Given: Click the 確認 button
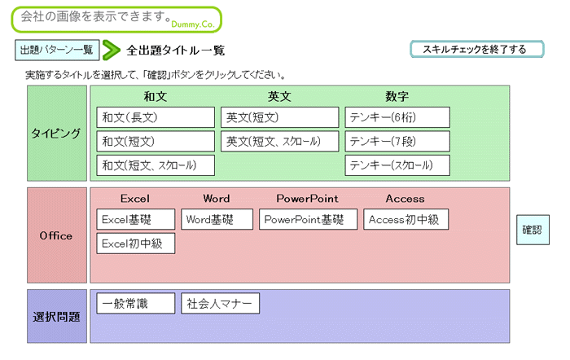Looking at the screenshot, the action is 533,230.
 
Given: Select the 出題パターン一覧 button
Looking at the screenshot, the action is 57,50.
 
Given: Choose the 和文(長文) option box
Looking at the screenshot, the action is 156,117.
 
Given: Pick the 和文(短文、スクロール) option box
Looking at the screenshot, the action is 156,165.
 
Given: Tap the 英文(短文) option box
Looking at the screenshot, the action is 279,117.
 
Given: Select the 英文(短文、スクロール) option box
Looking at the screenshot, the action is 279,142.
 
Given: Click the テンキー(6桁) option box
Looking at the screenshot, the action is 397,117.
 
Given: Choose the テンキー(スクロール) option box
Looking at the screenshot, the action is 397,165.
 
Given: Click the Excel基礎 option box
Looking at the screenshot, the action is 136,219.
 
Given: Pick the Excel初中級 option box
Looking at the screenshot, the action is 136,244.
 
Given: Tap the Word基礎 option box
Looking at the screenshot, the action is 217,219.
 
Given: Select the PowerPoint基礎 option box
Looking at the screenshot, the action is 309,219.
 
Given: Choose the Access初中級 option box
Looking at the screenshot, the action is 406,219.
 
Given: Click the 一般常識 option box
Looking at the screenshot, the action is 136,303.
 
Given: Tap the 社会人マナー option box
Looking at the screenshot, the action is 221,303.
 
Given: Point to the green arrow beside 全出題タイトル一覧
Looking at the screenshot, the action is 112,50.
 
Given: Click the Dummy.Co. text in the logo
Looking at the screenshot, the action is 193,24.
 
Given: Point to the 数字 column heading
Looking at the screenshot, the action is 397,96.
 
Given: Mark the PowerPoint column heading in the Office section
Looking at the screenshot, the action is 307,199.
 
